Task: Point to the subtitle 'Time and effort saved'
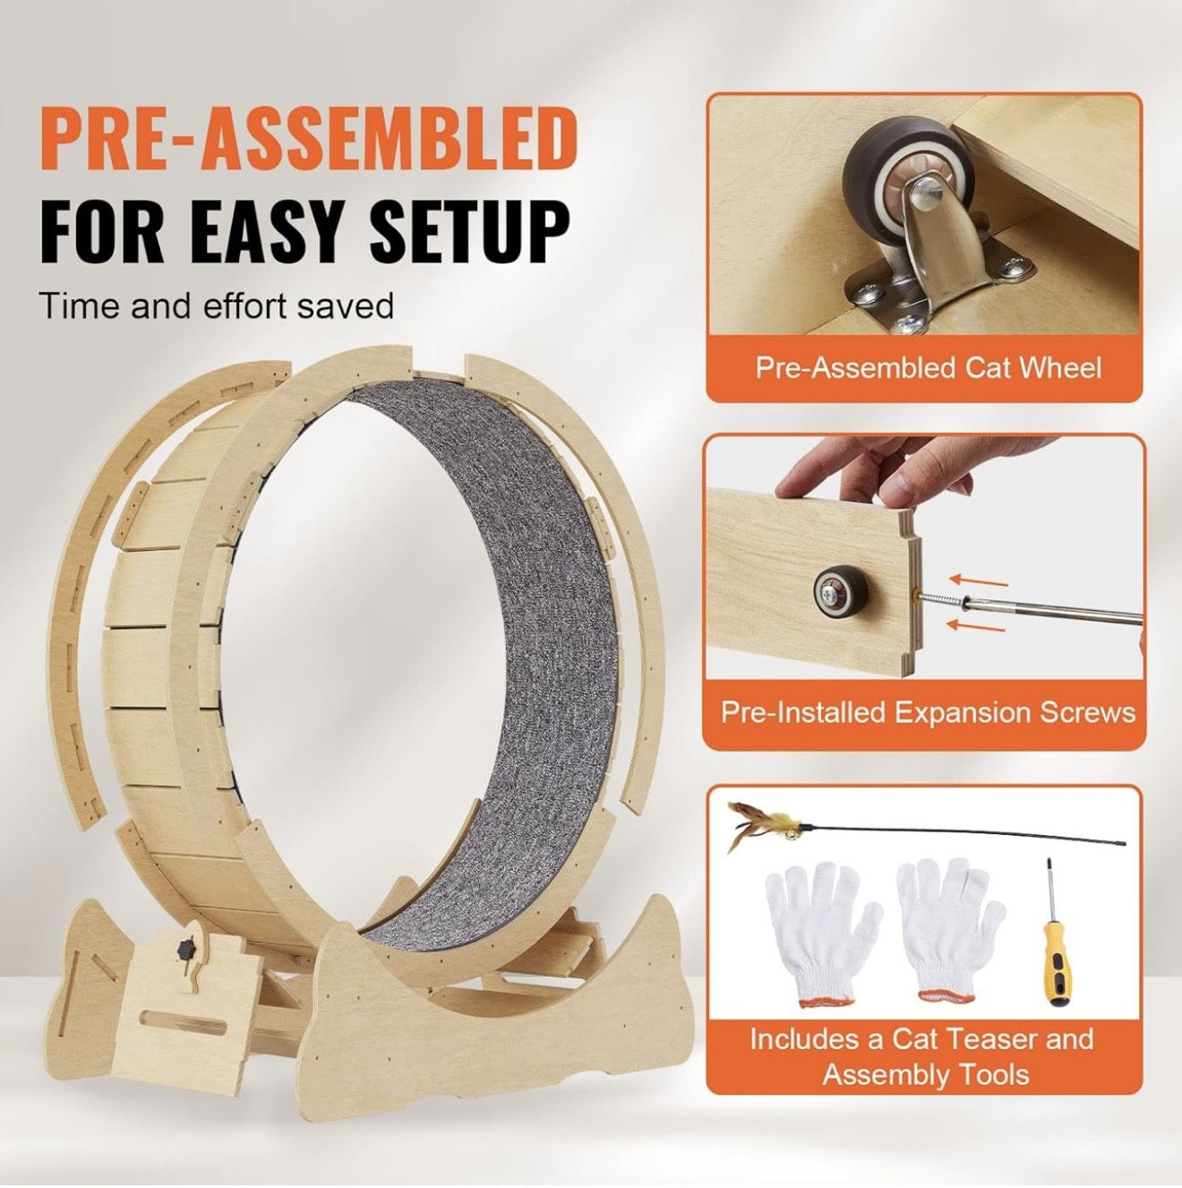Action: [x=217, y=306]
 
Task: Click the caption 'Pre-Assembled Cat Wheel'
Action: [x=928, y=368]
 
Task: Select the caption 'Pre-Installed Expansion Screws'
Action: [x=928, y=712]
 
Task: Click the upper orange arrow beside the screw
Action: [x=978, y=581]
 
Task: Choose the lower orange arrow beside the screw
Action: [x=976, y=624]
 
